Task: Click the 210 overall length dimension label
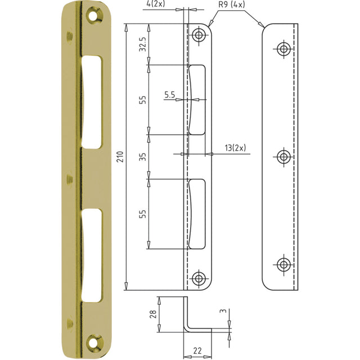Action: coord(120,157)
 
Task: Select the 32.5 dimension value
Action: coord(143,44)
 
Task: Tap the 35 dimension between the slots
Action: coord(143,157)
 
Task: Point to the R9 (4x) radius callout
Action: coord(232,4)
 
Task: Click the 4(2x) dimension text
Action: coord(156,4)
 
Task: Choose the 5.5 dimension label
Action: coord(170,94)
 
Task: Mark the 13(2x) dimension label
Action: coord(235,148)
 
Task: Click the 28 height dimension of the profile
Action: coord(153,314)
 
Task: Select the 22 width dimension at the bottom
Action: coord(197,351)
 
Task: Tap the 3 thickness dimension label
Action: coord(223,311)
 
